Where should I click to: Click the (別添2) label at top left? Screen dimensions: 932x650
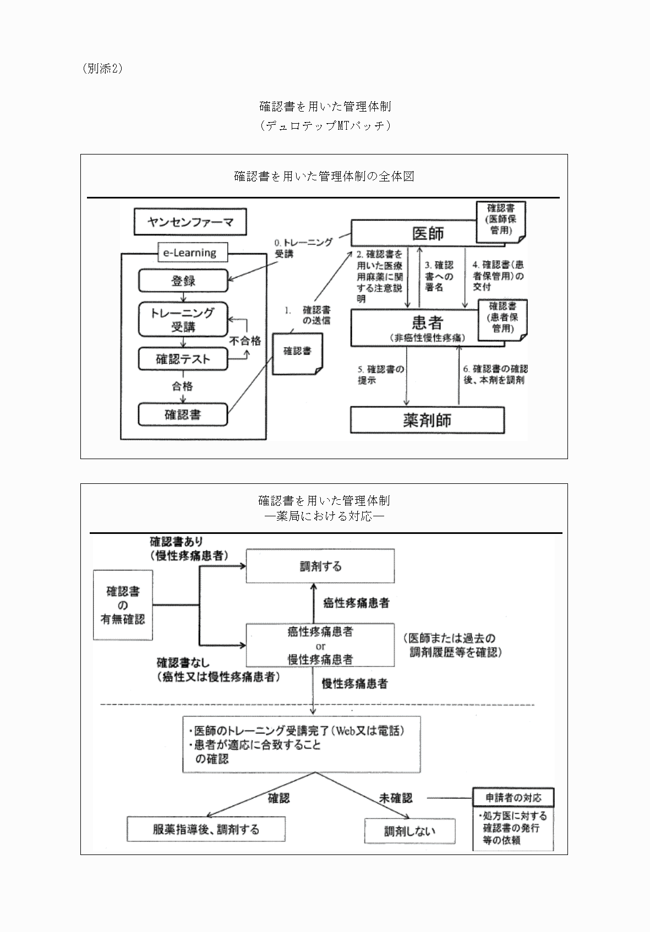coord(102,69)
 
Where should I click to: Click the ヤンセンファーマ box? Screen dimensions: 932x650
coord(190,222)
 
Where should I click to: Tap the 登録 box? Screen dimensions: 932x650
coord(183,281)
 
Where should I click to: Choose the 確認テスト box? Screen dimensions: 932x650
coord(183,359)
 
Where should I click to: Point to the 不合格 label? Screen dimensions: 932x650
coord(245,341)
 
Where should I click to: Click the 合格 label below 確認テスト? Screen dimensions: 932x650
coord(183,386)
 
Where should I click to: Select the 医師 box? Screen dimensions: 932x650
coord(413,234)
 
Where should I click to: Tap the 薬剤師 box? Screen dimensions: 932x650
coord(427,421)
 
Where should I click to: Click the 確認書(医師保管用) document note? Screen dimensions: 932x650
coord(501,220)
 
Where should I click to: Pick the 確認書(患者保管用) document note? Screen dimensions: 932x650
coord(502,318)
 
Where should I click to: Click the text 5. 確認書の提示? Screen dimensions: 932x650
coord(380,374)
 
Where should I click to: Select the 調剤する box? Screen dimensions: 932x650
coord(320,566)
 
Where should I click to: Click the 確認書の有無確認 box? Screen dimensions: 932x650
coord(123,605)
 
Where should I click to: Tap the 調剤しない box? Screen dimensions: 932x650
coord(409,831)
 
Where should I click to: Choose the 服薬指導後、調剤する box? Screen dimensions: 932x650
coord(206,829)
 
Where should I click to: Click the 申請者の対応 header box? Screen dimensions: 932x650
coord(513,798)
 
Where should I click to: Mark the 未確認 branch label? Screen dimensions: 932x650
coord(395,798)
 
